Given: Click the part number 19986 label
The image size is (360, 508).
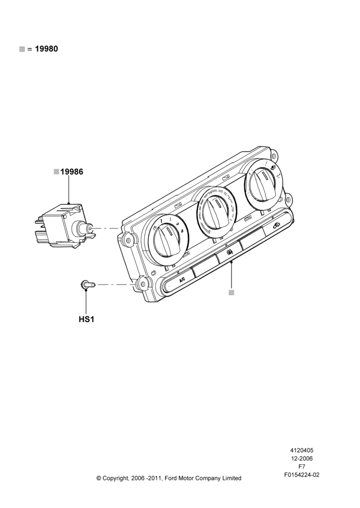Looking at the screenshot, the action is [x=72, y=172].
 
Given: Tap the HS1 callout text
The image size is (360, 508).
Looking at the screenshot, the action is [x=86, y=319].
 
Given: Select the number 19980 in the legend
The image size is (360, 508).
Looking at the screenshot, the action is [x=46, y=49].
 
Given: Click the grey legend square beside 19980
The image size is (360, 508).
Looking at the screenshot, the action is [x=22, y=49].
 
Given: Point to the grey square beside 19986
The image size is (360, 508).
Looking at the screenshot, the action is [x=56, y=172].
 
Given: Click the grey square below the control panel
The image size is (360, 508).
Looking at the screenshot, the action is [x=231, y=293].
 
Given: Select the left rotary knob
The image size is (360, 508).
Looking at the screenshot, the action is [x=167, y=240].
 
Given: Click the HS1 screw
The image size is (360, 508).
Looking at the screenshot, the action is [x=87, y=285].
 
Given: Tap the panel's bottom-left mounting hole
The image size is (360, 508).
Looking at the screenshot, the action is [x=142, y=284].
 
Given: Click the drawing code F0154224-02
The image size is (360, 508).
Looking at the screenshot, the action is [x=302, y=475].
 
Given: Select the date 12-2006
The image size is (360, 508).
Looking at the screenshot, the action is [x=302, y=458].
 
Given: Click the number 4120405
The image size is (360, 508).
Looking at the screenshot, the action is [x=302, y=450].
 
